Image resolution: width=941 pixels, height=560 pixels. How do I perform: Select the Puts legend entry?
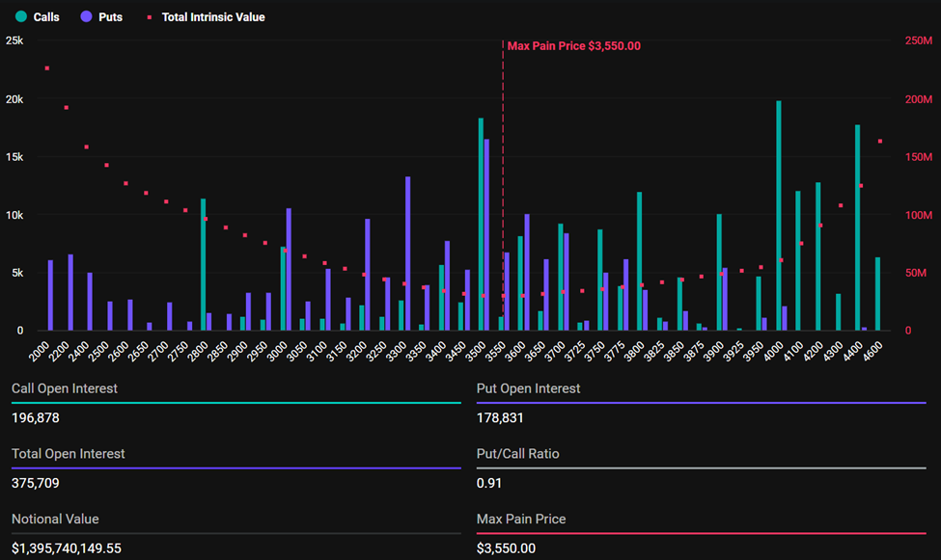click(101, 17)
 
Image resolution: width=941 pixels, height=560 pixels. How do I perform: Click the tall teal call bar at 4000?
click(779, 216)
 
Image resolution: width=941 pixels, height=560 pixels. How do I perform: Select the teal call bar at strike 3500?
click(481, 225)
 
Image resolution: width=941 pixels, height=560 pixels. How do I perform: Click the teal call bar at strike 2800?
click(203, 265)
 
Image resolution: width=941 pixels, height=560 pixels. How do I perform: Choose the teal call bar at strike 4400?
click(857, 227)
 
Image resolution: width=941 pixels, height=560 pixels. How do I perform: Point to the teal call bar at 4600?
click(877, 294)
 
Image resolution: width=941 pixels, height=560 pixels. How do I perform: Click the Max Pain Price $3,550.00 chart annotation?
click(573, 46)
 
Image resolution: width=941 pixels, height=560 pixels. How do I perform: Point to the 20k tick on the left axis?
click(14, 99)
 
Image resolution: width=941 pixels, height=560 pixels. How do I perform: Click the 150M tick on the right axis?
click(918, 157)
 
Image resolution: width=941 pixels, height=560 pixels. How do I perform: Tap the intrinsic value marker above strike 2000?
click(46, 68)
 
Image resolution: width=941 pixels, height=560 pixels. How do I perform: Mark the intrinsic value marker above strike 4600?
click(880, 142)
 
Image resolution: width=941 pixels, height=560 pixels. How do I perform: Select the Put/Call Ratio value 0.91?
click(488, 483)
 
